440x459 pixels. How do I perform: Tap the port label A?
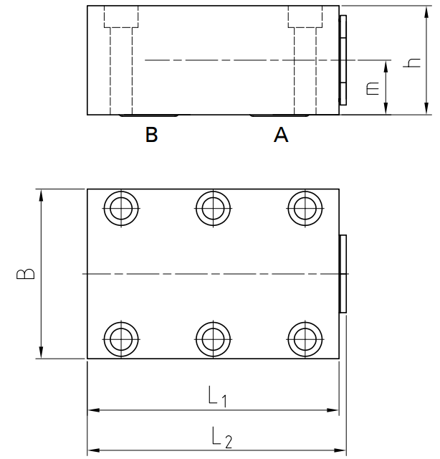tap(281, 134)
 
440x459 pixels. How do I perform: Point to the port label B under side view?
tap(151, 134)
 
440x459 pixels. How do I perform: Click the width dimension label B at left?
tap(24, 274)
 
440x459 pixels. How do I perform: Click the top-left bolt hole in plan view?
tap(120, 209)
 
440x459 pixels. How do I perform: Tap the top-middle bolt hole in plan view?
tap(213, 209)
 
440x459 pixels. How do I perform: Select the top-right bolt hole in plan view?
tap(305, 209)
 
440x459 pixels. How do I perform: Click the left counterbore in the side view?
tap(120, 17)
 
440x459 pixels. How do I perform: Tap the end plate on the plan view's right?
tap(343, 273)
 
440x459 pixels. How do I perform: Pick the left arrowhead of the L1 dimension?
tap(92, 411)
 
